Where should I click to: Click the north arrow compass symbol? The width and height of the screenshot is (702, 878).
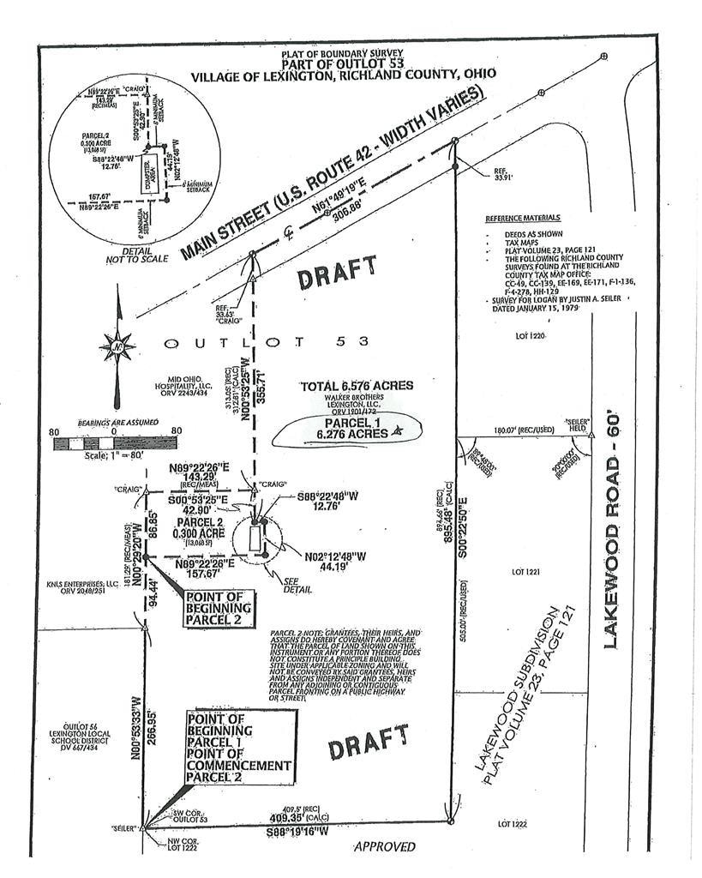click(x=117, y=347)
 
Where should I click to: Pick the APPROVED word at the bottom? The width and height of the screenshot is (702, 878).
click(x=385, y=847)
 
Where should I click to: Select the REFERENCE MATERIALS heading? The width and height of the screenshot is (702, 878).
click(x=523, y=218)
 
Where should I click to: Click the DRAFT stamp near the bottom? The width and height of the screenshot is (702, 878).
click(x=368, y=743)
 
